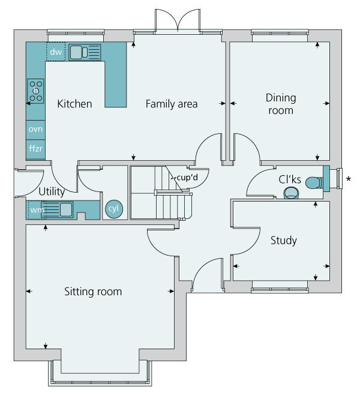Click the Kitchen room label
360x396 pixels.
click(x=74, y=104)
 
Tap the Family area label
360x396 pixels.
click(x=172, y=104)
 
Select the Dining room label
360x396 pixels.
click(x=280, y=104)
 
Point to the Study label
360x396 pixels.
click(x=284, y=241)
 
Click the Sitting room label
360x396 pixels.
click(x=93, y=292)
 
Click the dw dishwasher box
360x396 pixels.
click(x=56, y=52)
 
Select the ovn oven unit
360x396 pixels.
click(x=35, y=129)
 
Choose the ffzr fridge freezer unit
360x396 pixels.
click(x=35, y=148)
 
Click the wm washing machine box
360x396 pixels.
click(x=36, y=210)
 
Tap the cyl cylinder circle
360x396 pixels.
click(x=113, y=209)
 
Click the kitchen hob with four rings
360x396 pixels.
click(x=35, y=91)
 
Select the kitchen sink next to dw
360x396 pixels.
click(x=85, y=52)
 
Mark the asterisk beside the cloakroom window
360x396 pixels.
click(x=350, y=179)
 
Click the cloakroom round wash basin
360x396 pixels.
click(x=292, y=192)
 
